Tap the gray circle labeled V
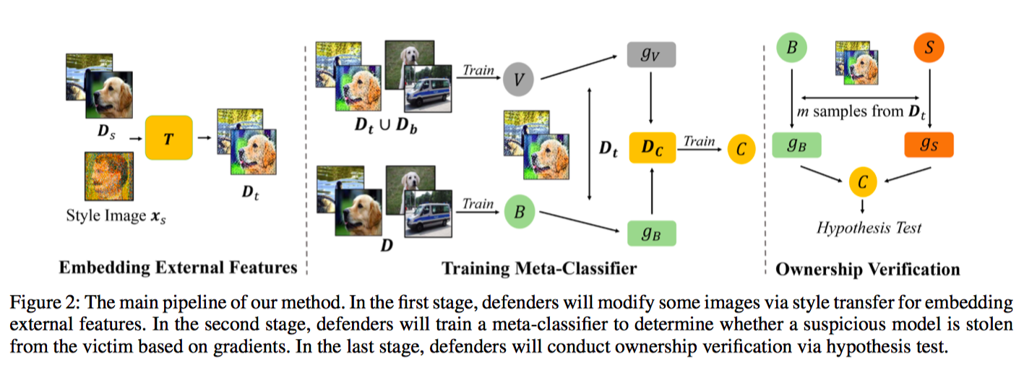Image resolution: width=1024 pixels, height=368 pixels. tap(518, 78)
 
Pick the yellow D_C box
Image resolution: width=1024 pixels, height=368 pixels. tap(652, 148)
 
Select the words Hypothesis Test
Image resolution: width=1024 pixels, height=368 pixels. tap(869, 228)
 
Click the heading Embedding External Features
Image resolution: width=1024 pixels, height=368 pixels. tap(178, 268)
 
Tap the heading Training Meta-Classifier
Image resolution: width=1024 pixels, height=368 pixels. tap(539, 269)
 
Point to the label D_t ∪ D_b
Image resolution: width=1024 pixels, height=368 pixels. tap(384, 124)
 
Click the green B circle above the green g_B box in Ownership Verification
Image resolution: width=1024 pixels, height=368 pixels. tap(791, 48)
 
